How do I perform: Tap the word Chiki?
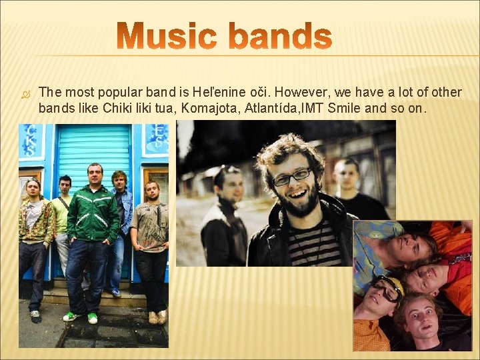(117, 107)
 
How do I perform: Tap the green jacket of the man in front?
(93, 213)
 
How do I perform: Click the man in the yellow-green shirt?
(62, 213)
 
